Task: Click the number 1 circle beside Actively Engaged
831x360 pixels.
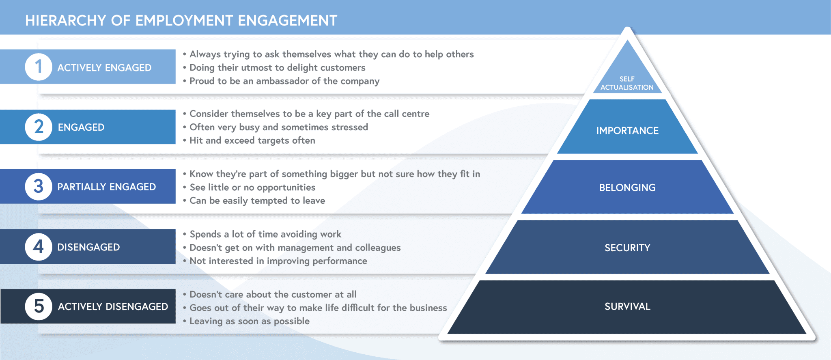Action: (x=39, y=67)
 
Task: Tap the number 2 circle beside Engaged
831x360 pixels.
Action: (x=39, y=127)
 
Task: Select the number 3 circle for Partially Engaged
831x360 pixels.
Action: (x=39, y=187)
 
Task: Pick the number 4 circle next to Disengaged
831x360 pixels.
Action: (x=39, y=247)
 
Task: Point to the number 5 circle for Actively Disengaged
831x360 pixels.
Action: (x=39, y=306)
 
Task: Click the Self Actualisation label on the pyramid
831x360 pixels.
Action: (x=627, y=83)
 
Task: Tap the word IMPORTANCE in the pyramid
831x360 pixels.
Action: (x=627, y=131)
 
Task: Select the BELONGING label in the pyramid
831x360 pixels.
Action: (x=627, y=188)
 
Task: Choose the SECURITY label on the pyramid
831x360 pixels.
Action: (x=627, y=248)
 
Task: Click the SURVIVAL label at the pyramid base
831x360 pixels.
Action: (x=627, y=306)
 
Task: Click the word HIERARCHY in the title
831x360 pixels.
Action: (x=65, y=21)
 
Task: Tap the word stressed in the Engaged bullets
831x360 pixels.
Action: (x=349, y=127)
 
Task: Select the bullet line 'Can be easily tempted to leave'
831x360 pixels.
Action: (x=257, y=200)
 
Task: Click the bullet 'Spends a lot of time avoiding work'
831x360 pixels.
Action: (x=265, y=234)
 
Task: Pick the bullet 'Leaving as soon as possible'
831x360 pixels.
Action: (x=250, y=321)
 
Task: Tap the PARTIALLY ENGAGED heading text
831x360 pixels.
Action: (x=106, y=187)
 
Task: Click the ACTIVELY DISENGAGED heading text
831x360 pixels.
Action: (x=113, y=306)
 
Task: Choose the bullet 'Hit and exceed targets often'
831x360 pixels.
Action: (x=252, y=140)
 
